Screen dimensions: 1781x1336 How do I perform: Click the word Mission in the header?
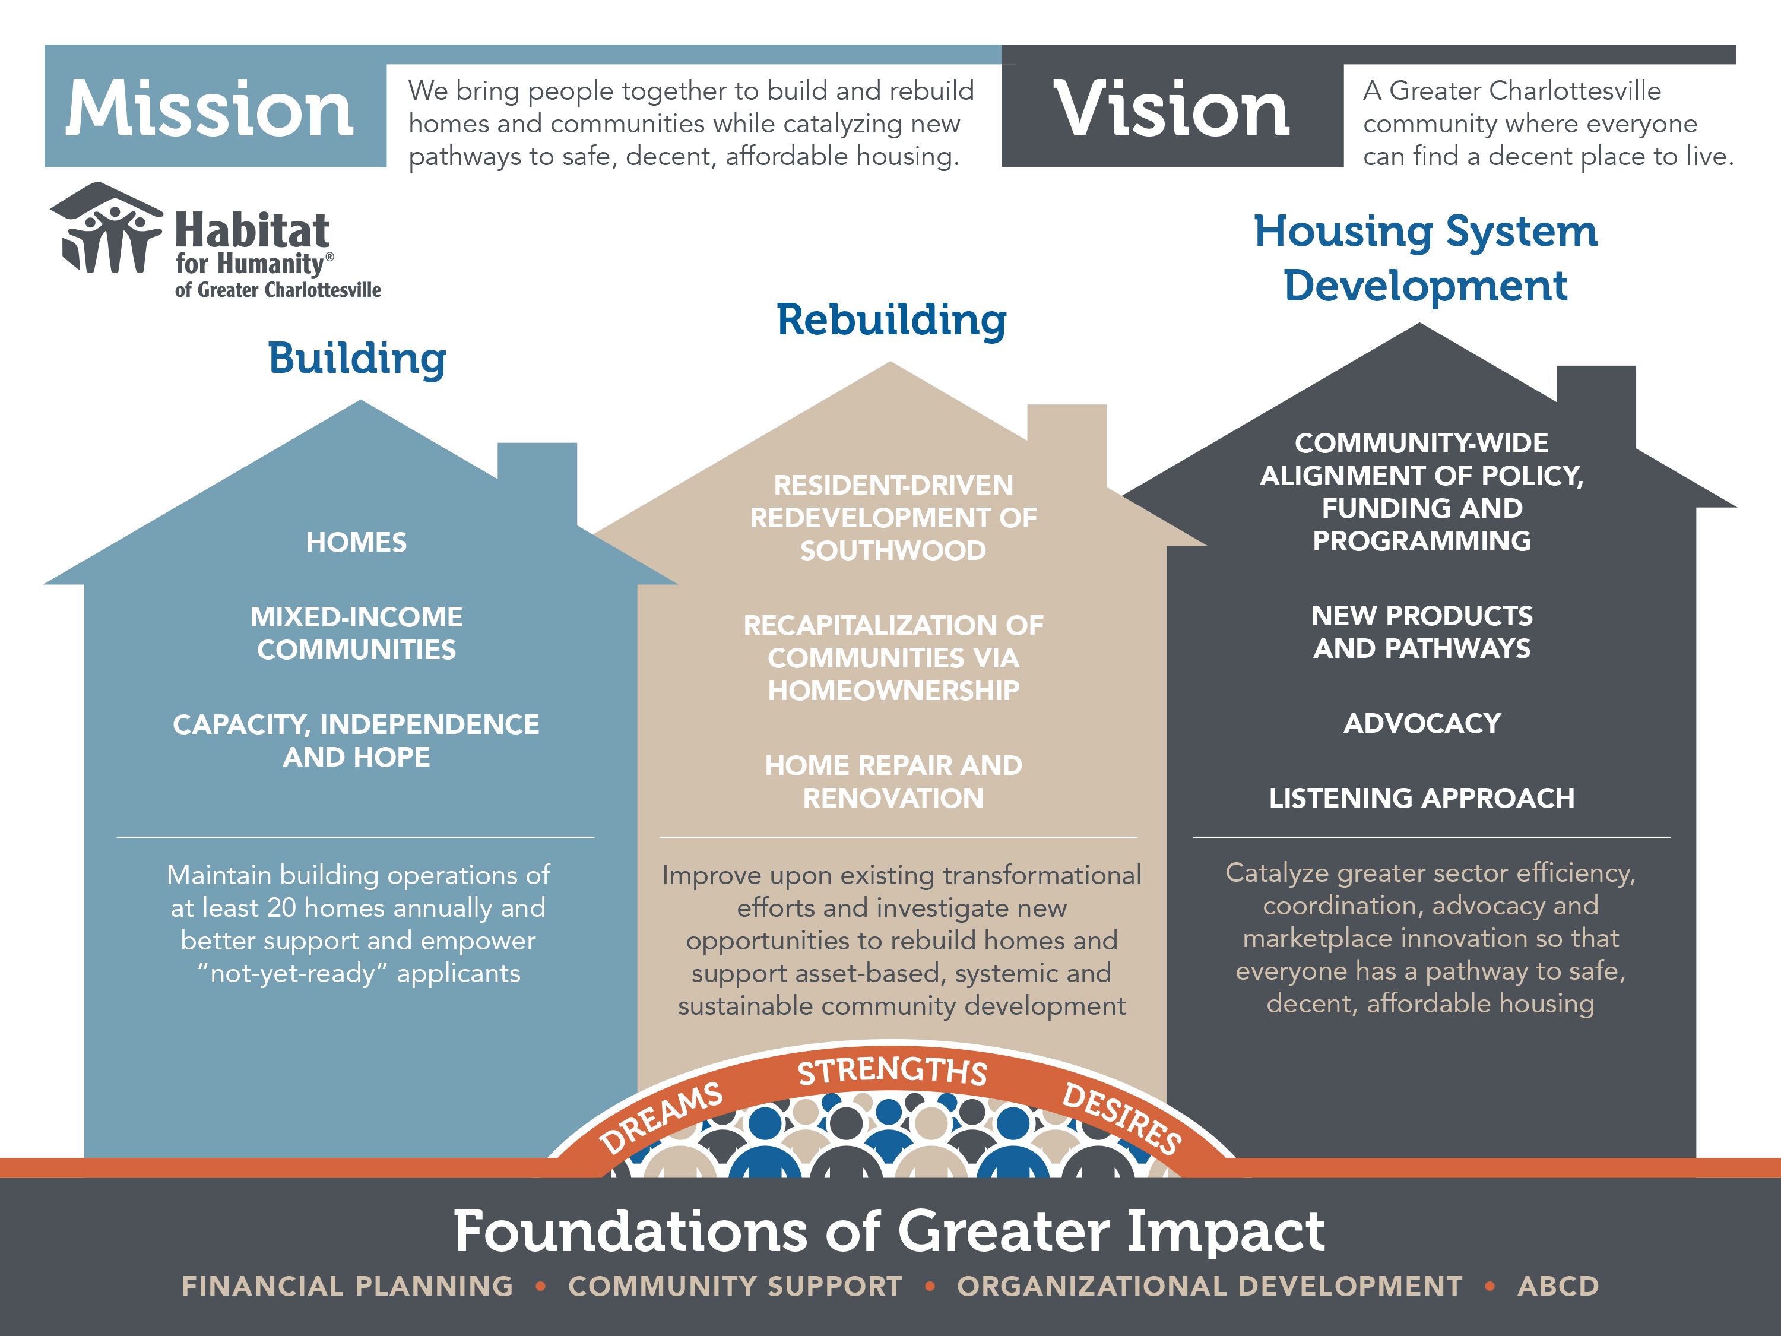click(x=210, y=108)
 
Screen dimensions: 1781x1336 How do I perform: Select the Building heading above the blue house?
click(x=357, y=359)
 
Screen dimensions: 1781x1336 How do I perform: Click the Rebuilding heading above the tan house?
click(x=891, y=319)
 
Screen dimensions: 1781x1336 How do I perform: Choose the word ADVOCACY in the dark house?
click(x=1422, y=723)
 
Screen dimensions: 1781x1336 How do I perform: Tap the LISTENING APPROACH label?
click(x=1422, y=798)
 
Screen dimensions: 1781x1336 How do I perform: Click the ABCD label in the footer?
click(x=1558, y=1286)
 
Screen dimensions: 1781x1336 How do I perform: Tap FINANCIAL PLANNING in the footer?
click(x=347, y=1286)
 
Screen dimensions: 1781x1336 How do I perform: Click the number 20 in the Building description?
click(x=282, y=907)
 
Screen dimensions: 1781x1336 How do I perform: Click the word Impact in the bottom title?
click(x=1225, y=1232)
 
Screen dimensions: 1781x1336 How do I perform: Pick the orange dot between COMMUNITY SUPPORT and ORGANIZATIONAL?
click(x=930, y=1287)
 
